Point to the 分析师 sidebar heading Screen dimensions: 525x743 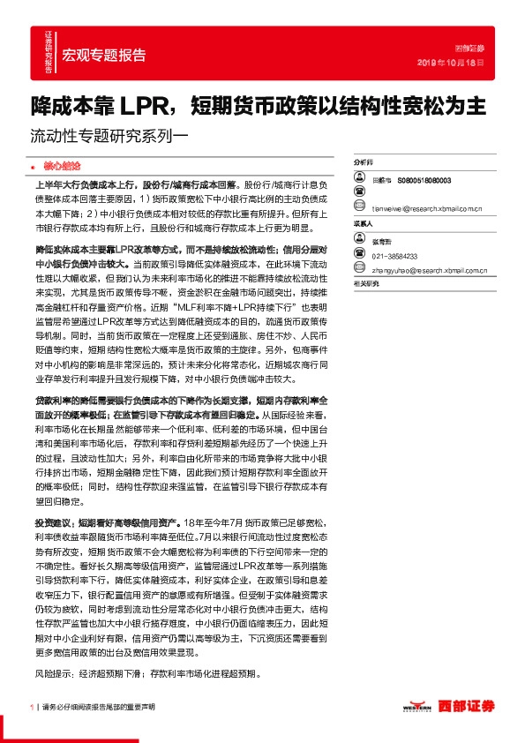point(364,164)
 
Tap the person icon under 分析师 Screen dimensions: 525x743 point(359,180)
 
